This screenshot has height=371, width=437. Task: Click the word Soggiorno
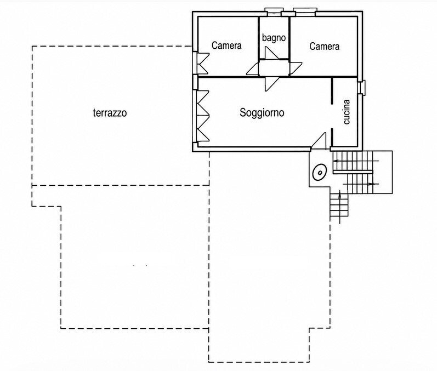262,113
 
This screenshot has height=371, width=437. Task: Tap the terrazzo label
110,113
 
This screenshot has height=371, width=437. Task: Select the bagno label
274,38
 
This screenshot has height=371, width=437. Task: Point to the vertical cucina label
347,112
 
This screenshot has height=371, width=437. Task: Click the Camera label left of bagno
226,45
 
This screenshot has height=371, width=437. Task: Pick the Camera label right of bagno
325,46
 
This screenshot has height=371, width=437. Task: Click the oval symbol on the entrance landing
320,173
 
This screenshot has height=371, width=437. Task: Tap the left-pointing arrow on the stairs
356,161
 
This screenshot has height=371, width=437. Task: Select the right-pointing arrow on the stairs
361,184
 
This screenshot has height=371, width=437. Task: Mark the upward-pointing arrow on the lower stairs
340,207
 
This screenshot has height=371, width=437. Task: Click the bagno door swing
272,53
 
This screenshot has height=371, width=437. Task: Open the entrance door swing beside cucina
319,140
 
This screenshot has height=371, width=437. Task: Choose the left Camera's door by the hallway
253,69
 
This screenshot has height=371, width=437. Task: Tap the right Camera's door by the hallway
296,69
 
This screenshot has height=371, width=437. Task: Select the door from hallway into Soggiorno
272,83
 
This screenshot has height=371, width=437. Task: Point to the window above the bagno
274,13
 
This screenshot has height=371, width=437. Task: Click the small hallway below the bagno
274,68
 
